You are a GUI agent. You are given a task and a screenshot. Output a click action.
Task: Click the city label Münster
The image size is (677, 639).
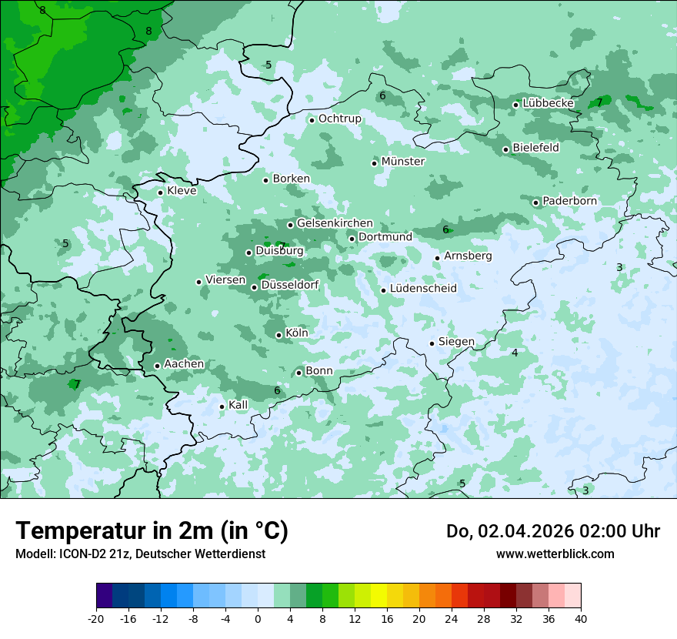click(x=403, y=162)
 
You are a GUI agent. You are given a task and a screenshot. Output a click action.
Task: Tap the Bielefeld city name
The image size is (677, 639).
click(x=535, y=148)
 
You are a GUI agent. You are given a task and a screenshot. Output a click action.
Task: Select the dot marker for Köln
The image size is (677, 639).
click(x=278, y=335)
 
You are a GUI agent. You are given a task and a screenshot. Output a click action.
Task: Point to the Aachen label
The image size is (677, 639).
click(x=184, y=364)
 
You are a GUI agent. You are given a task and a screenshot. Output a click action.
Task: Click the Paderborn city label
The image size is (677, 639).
click(x=569, y=202)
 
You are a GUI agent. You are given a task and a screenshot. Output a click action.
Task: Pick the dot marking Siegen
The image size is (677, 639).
click(x=432, y=343)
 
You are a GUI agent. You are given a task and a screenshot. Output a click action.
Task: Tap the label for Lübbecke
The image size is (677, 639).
click(x=548, y=103)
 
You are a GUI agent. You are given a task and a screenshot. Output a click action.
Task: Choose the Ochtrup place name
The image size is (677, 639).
click(x=339, y=119)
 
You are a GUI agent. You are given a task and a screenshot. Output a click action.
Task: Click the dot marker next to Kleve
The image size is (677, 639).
click(x=160, y=192)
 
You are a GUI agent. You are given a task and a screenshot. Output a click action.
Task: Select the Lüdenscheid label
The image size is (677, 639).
click(x=423, y=289)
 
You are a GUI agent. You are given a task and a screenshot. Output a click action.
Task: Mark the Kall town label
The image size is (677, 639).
click(x=238, y=405)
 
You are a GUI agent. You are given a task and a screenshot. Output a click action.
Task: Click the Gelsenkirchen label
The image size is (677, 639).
click(x=335, y=223)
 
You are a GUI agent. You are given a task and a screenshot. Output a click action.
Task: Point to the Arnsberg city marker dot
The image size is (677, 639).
click(x=437, y=258)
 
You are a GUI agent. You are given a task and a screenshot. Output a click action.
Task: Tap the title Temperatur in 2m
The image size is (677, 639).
click(x=152, y=531)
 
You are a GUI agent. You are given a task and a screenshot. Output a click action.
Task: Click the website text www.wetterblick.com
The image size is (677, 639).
click(x=555, y=554)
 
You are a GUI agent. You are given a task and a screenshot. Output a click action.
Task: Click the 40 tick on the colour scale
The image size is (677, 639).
click(x=580, y=619)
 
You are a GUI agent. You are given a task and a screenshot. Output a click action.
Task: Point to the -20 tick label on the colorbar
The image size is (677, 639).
click(x=96, y=619)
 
